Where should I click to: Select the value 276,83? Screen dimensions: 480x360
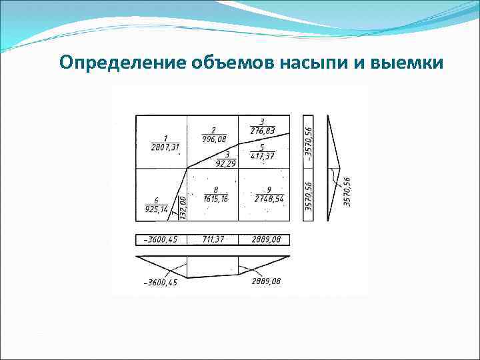262,131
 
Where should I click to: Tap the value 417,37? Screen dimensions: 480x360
262,157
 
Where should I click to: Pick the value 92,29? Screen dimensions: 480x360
227,164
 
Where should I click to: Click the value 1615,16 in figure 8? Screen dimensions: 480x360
215,199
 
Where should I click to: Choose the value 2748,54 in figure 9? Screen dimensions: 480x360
269,199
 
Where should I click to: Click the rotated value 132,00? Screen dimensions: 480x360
183,207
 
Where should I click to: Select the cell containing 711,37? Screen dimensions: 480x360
213,239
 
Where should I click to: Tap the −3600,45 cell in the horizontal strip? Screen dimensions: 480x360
161,239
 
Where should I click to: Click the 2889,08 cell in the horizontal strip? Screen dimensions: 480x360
264,239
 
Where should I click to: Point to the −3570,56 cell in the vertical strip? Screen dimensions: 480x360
308,140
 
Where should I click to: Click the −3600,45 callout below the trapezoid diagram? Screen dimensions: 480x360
161,283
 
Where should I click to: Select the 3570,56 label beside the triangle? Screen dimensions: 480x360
347,191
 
